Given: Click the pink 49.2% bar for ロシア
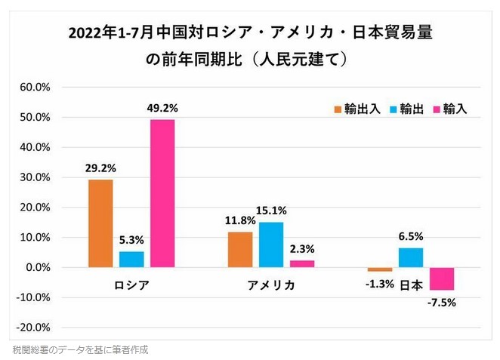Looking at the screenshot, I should point(162,193).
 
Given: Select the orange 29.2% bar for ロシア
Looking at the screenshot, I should point(100,223).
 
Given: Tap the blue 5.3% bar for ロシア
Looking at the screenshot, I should point(131,259).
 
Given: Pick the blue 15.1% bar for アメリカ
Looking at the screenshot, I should point(271,245).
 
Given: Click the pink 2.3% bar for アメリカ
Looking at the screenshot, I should point(302,263).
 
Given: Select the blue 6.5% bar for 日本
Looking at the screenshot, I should point(410,257).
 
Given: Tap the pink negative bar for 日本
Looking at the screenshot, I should point(441,278).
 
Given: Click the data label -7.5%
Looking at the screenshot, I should point(441,303).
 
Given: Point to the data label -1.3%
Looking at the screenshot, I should point(380,284).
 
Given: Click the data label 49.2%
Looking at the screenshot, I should point(162,107).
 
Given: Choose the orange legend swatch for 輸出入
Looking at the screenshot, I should point(338,109).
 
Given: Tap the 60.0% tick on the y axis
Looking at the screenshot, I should point(35,88).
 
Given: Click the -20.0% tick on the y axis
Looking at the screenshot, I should point(33,328).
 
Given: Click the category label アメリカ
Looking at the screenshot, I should point(271,285).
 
